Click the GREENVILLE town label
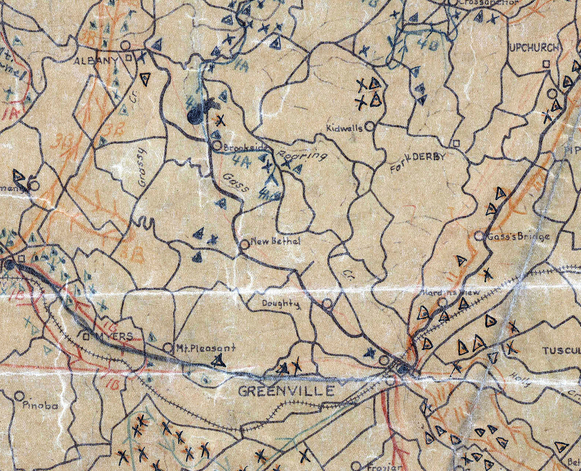286,391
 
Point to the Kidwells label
345,128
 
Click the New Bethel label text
276,242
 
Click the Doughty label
280,304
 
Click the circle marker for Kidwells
369,126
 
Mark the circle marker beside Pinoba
19,396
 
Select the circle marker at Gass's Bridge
479,235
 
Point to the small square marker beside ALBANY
128,57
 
